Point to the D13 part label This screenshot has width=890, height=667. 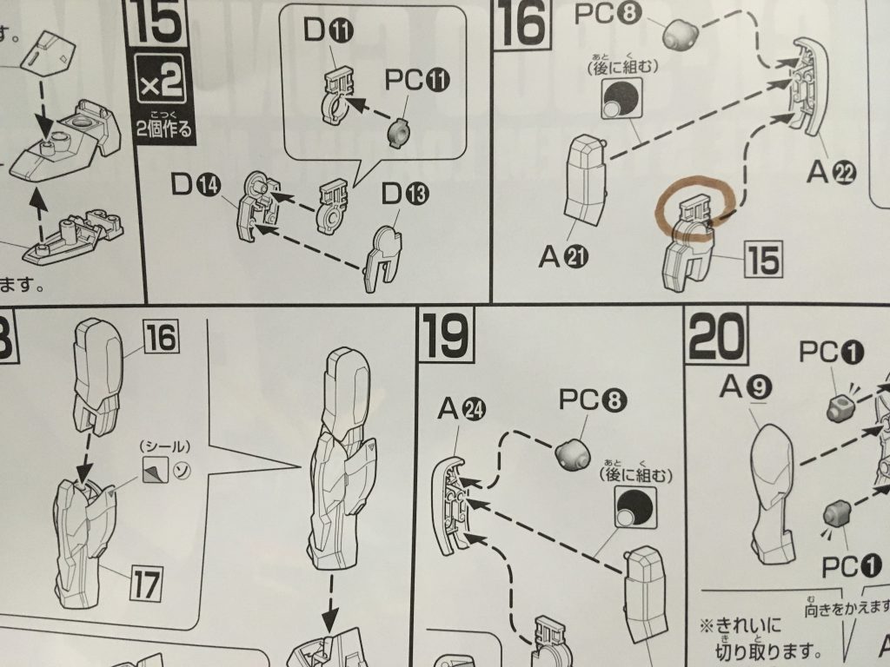click(404, 195)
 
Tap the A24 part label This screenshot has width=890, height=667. click(462, 408)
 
